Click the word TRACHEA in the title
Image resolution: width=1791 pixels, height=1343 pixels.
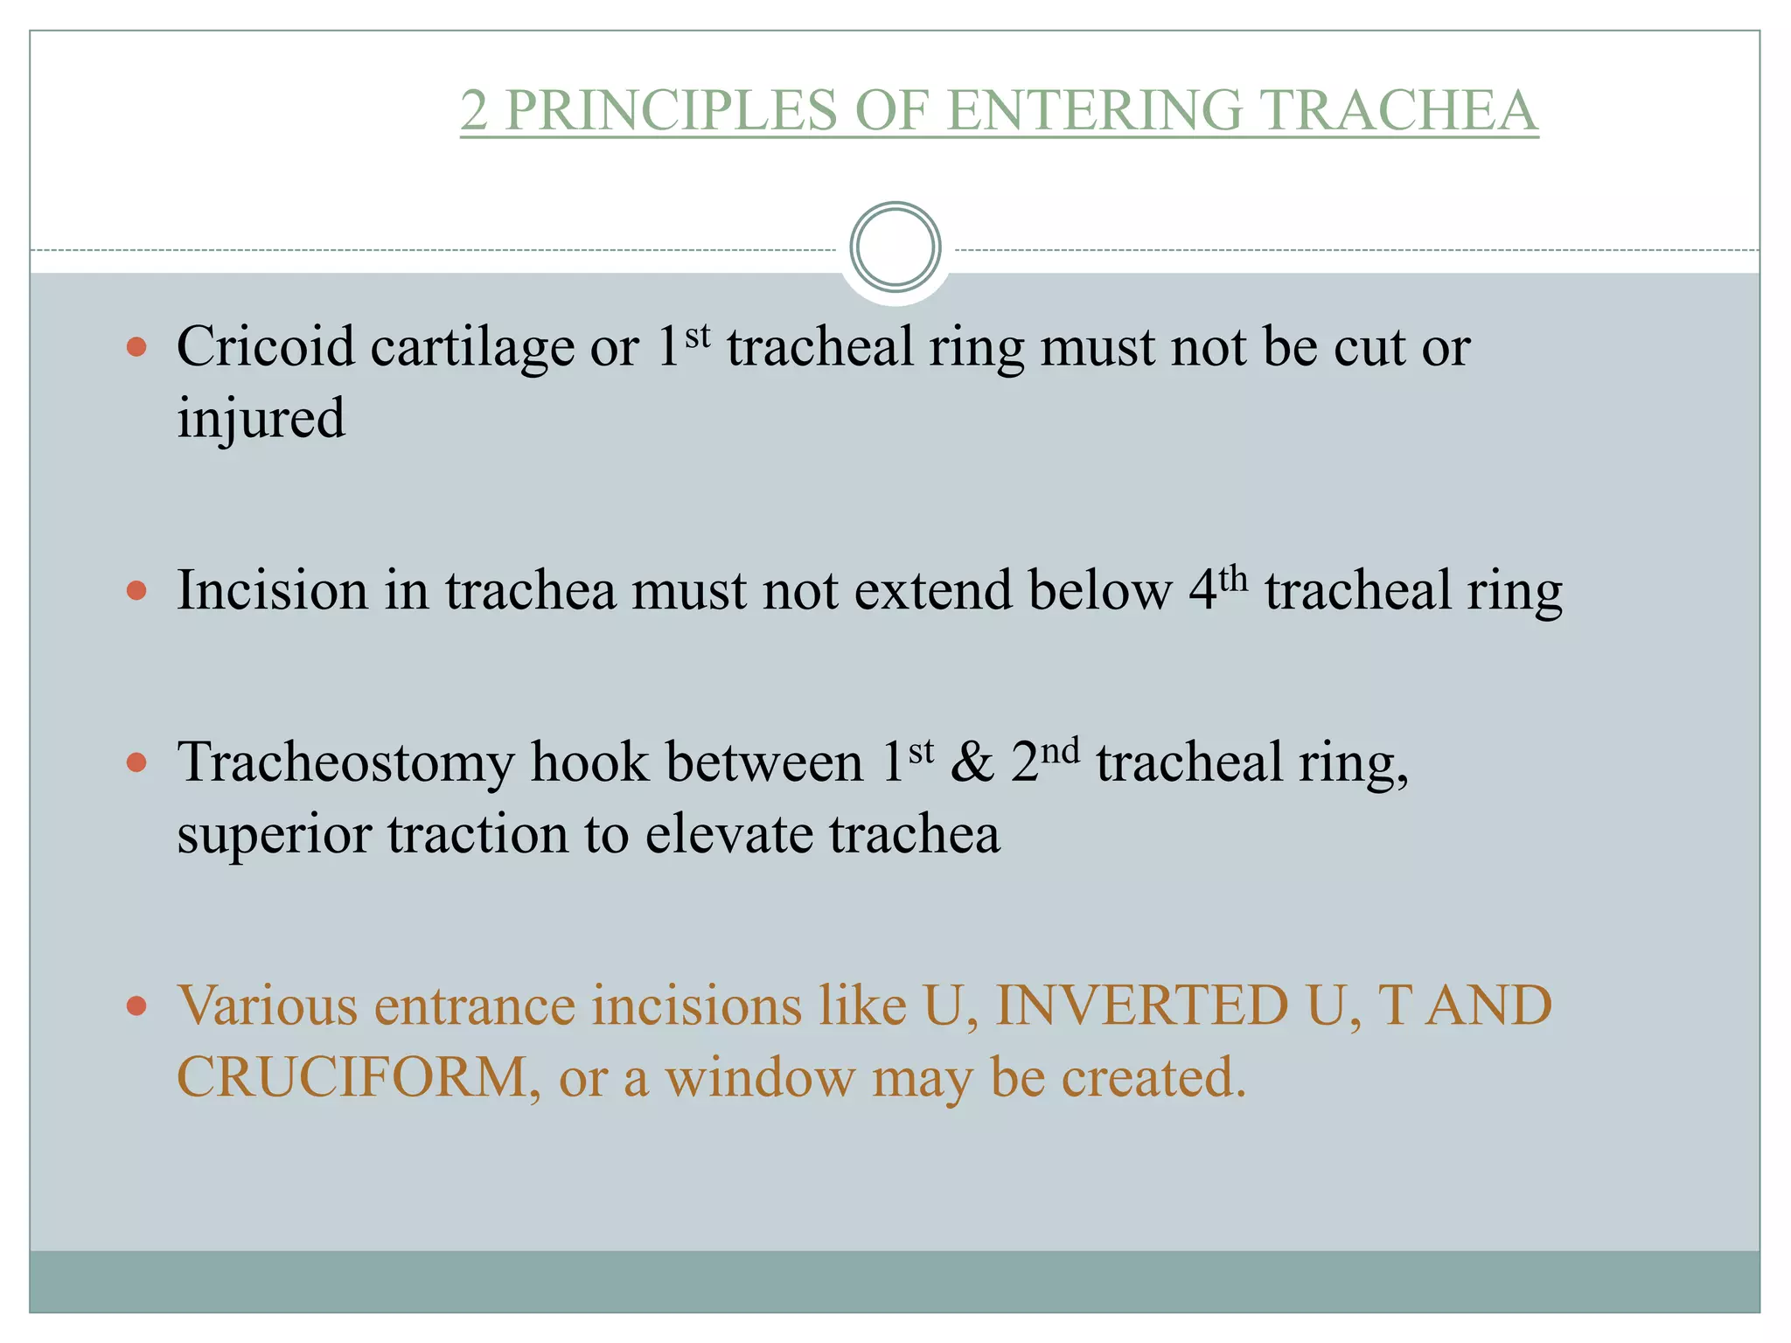click(x=1397, y=111)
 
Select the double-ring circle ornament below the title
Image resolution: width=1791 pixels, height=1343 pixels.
click(x=895, y=247)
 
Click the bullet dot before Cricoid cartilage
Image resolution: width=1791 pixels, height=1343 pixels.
click(x=136, y=348)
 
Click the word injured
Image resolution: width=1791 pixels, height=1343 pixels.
click(x=261, y=419)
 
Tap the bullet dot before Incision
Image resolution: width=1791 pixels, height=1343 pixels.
click(x=136, y=591)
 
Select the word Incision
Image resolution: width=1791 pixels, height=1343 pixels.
click(x=272, y=590)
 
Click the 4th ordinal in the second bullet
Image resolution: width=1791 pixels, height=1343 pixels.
click(x=1216, y=588)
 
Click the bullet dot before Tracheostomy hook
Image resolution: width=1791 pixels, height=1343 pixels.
click(x=136, y=763)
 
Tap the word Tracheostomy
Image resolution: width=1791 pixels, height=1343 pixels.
click(x=345, y=763)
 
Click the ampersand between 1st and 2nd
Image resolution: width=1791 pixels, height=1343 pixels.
click(x=972, y=762)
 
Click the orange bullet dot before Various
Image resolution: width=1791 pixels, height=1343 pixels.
click(x=136, y=1006)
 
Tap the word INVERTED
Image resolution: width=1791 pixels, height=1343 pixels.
click(x=1142, y=1006)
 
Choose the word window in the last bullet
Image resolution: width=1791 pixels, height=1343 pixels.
click(x=760, y=1077)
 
